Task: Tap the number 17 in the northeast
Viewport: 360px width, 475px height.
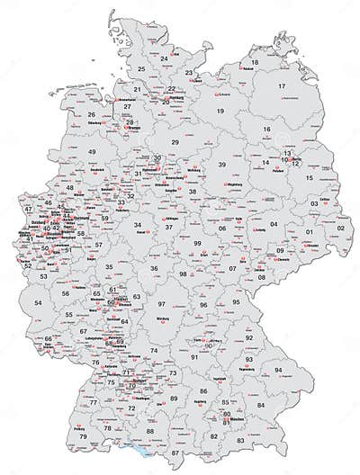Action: [282, 86]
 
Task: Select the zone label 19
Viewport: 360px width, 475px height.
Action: [220, 111]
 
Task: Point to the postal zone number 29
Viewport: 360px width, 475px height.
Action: [175, 143]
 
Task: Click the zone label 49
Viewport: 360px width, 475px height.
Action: [92, 152]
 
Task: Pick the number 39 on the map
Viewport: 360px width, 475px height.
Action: [220, 166]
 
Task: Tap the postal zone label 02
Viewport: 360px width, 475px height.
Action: [340, 228]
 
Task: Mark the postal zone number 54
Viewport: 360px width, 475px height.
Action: [38, 304]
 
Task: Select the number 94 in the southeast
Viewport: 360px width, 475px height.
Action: [279, 371]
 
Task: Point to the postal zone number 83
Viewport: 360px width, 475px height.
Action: [240, 441]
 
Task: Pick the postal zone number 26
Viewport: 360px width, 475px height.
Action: [92, 115]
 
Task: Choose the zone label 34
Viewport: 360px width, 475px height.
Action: [138, 225]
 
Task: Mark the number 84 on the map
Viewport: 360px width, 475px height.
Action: [261, 405]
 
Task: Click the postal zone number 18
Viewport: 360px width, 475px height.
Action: [255, 62]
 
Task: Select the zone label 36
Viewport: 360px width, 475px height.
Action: [155, 268]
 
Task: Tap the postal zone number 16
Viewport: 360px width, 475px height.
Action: [266, 130]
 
